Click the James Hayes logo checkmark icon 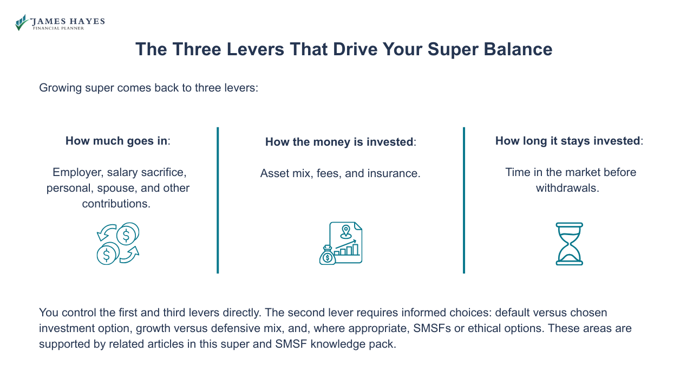(21, 22)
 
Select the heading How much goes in (117, 141)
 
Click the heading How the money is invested (339, 142)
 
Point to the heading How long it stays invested (568, 141)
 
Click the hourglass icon (569, 244)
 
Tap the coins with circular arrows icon (118, 243)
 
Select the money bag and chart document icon (341, 243)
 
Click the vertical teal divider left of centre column (218, 200)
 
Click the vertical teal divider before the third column (464, 200)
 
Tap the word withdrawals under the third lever (567, 188)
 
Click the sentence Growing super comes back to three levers (148, 88)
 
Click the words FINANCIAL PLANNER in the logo (58, 28)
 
